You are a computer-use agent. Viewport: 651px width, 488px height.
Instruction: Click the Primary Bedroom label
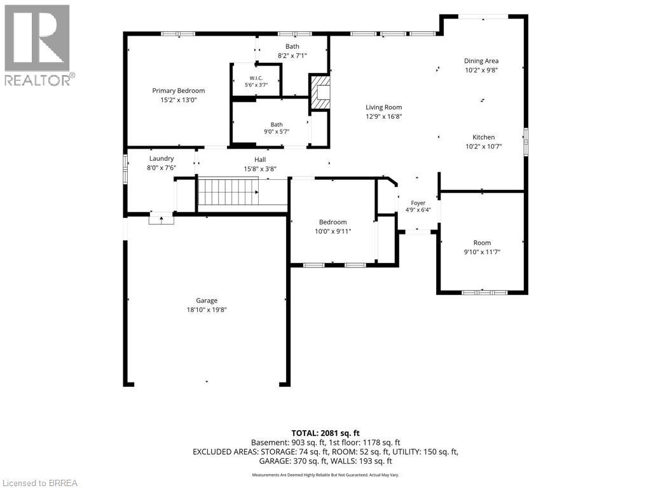pyautogui.click(x=178, y=91)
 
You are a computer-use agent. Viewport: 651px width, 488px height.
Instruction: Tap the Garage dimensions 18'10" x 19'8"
pyautogui.click(x=207, y=309)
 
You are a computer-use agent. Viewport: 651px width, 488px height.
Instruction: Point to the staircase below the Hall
pyautogui.click(x=228, y=191)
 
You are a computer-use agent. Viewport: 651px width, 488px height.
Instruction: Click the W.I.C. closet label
pyautogui.click(x=256, y=78)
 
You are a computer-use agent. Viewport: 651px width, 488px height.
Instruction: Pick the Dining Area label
pyautogui.click(x=481, y=61)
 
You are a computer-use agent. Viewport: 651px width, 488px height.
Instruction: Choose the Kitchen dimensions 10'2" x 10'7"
pyautogui.click(x=484, y=146)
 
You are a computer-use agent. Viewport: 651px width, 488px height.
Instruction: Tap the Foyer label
pyautogui.click(x=418, y=203)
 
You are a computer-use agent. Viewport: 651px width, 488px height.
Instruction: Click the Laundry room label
pyautogui.click(x=161, y=158)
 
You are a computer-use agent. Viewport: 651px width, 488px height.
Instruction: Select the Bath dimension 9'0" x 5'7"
pyautogui.click(x=277, y=132)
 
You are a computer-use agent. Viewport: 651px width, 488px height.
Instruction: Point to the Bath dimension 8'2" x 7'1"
pyautogui.click(x=292, y=55)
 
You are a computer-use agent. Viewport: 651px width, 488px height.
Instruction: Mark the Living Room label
pyautogui.click(x=383, y=107)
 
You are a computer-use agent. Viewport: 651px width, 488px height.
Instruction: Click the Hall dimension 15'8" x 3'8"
pyautogui.click(x=260, y=169)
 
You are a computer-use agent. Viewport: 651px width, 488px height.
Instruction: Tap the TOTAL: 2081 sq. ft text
pyautogui.click(x=325, y=433)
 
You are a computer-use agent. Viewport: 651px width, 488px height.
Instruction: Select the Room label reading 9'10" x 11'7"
pyautogui.click(x=482, y=252)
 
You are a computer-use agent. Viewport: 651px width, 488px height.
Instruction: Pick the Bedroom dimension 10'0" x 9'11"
pyautogui.click(x=333, y=231)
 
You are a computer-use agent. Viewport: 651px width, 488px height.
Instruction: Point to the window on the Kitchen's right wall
pyautogui.click(x=526, y=142)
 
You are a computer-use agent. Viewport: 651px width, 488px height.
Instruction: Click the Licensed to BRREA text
pyautogui.click(x=39, y=483)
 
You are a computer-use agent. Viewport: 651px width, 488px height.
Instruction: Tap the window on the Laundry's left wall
pyautogui.click(x=125, y=168)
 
